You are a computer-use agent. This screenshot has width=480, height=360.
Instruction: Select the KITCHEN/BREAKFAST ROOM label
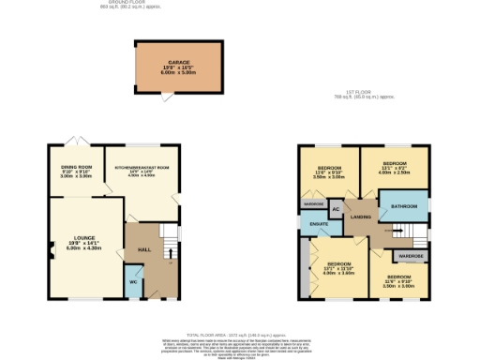(x=142, y=167)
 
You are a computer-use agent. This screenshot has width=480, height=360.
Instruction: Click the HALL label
(x=144, y=248)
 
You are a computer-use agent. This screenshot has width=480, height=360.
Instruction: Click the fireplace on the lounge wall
(x=49, y=249)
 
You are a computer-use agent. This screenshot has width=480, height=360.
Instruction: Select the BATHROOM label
(x=404, y=205)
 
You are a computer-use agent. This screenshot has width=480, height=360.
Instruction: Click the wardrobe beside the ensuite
(x=311, y=203)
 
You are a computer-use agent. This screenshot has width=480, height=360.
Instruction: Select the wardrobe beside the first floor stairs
(x=411, y=255)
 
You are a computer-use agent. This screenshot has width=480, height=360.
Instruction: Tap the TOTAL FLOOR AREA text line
(x=239, y=335)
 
